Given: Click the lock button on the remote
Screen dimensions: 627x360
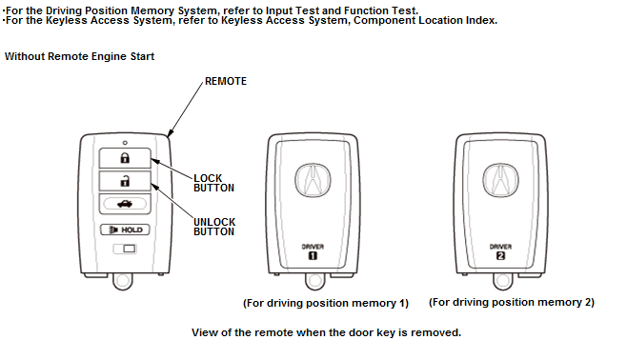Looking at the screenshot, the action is pos(125,158).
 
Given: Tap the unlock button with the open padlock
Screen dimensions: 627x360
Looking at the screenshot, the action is pos(125,181).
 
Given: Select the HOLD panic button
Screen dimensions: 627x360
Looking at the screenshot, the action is pos(125,230).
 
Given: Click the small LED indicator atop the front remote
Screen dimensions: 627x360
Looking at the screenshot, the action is pos(125,143).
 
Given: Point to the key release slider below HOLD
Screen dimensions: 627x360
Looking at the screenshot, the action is pos(125,249).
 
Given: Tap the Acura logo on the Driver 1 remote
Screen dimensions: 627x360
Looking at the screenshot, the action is pos(313,180).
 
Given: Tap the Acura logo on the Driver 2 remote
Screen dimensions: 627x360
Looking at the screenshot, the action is pos(500,180).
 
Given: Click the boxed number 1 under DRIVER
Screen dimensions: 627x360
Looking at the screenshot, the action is pos(313,256).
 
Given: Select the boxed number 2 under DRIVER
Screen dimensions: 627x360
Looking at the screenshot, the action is pos(500,256).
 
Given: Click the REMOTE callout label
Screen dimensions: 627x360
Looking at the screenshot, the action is pos(226,81).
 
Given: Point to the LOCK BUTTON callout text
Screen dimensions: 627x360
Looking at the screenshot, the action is pos(213,183).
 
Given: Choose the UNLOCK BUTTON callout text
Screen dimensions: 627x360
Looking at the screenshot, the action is pos(214,227).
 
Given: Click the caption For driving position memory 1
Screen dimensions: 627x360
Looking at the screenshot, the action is pos(326,303).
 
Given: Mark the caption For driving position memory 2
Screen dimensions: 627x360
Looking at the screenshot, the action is pos(512,303).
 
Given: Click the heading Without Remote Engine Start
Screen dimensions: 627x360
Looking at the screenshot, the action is pos(79,56).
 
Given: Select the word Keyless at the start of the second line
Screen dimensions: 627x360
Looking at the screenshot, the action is pos(66,20).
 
